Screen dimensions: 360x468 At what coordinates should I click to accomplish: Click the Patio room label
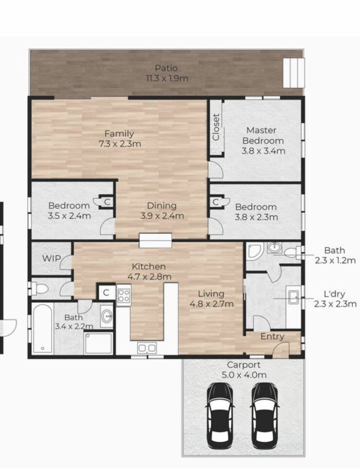click(167, 68)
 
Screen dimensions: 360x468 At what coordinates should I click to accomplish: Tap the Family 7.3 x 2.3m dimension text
click(120, 144)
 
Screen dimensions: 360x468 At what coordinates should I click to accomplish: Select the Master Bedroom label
click(263, 136)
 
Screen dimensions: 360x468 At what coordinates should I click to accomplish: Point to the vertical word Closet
click(216, 127)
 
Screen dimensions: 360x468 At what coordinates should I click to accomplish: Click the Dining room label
click(162, 206)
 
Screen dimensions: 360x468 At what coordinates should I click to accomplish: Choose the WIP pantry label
click(51, 258)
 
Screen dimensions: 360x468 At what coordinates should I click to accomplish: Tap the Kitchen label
click(149, 267)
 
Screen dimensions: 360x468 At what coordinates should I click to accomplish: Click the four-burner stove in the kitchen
click(123, 295)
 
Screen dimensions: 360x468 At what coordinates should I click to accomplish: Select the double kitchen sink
click(147, 348)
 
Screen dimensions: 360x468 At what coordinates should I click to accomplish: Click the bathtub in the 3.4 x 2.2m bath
click(42, 328)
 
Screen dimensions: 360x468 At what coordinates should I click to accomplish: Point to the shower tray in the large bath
click(98, 343)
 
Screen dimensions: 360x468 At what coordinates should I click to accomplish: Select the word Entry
click(272, 337)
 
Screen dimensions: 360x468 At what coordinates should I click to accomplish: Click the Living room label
click(211, 293)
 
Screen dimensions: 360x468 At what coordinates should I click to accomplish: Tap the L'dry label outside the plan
click(334, 294)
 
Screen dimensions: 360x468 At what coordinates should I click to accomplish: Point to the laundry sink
click(293, 297)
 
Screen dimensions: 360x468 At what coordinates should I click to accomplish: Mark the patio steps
click(294, 73)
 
